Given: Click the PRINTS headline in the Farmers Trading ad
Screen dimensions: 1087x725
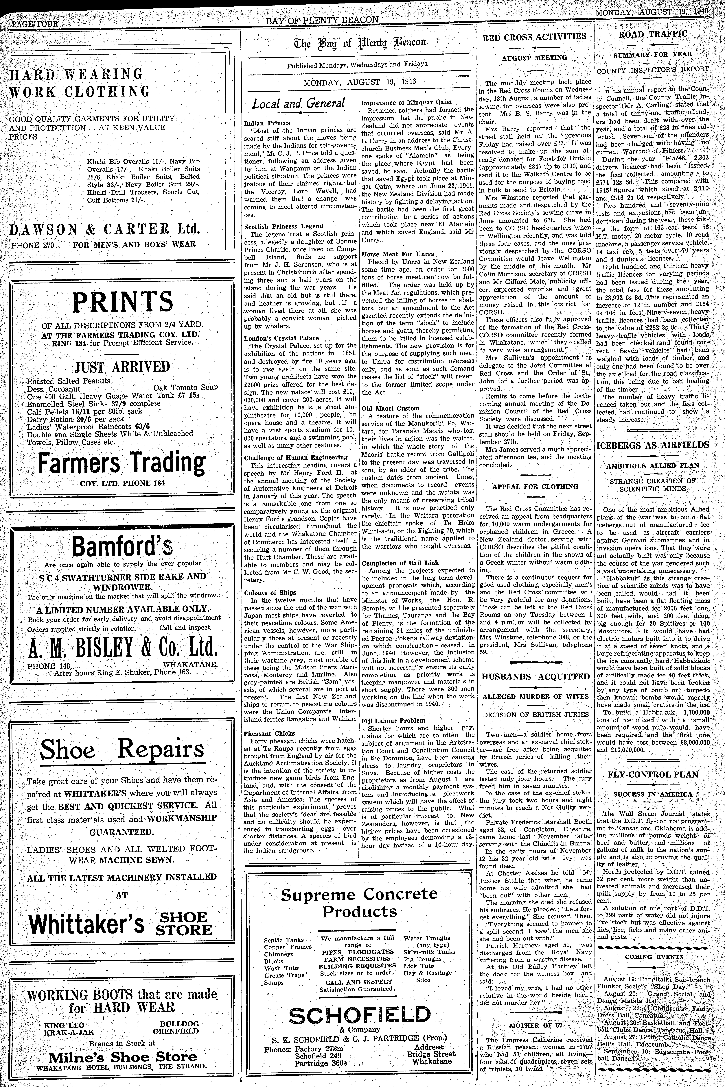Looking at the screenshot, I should pyautogui.click(x=122, y=302).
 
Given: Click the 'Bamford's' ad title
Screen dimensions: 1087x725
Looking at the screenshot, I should pyautogui.click(x=122, y=546).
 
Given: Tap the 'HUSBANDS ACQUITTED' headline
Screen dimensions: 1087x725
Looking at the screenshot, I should pyautogui.click(x=535, y=677).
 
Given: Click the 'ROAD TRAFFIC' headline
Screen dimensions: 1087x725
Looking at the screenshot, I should pyautogui.click(x=652, y=34).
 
